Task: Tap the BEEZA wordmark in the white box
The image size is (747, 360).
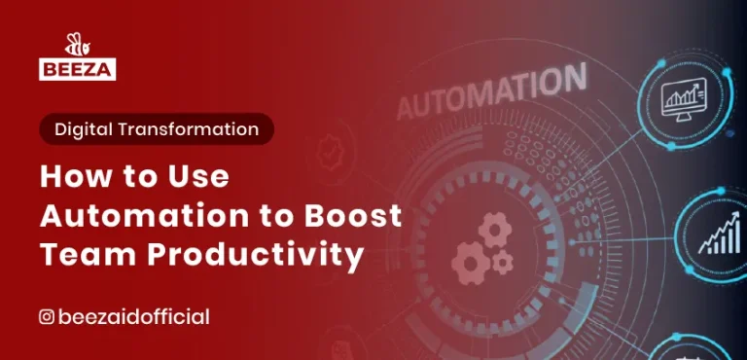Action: click(x=78, y=68)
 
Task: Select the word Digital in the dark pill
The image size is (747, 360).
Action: click(x=85, y=128)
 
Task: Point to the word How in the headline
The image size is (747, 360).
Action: click(x=72, y=177)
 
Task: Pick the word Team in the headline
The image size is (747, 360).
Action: click(x=82, y=255)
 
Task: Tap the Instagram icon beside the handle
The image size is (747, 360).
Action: click(x=46, y=316)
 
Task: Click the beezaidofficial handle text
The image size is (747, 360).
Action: click(x=134, y=316)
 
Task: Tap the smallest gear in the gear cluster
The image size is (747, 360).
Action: click(x=503, y=262)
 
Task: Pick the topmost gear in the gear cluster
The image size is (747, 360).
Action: click(x=495, y=231)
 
